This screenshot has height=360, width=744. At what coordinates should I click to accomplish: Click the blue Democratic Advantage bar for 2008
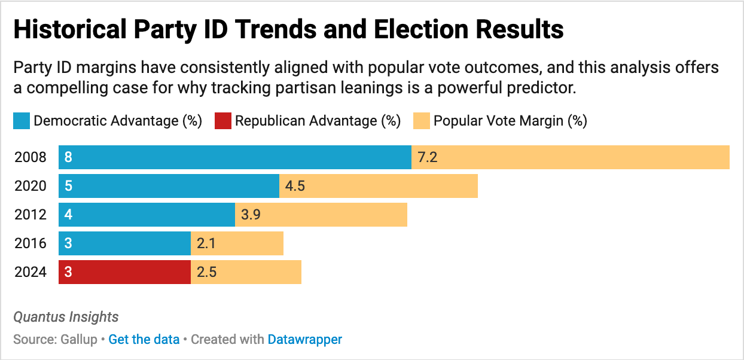coord(234,157)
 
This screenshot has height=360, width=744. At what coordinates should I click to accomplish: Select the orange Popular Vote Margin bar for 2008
coord(570,157)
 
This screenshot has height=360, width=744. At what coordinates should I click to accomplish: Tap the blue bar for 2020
coord(169,186)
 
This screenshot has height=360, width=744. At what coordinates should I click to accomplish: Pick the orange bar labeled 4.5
coord(379,186)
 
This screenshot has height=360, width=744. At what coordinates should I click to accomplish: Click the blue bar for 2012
coord(147,215)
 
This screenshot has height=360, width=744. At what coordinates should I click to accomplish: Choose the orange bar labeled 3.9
coord(321,215)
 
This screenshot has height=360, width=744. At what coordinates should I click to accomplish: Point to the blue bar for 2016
coord(124,243)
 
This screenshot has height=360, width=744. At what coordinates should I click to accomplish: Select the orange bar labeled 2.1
coord(237,243)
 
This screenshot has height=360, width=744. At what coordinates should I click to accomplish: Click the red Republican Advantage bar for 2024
coord(124,272)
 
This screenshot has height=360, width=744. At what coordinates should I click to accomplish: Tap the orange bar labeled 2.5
coord(246,272)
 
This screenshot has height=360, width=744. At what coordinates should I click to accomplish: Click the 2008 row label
coord(30,157)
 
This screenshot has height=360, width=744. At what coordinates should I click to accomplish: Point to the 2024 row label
coord(30,272)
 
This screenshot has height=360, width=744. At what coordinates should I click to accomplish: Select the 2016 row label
coord(30,243)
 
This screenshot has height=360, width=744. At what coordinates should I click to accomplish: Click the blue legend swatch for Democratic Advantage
coord(21,121)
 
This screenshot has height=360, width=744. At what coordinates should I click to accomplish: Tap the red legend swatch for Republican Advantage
coord(222,121)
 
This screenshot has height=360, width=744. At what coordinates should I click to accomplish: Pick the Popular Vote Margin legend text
coord(510,121)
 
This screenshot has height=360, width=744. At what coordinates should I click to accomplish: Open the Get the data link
coord(144,340)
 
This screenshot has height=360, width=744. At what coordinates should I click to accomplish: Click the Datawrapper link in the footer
coord(305,340)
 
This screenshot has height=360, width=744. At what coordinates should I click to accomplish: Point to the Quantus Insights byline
coord(66,317)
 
